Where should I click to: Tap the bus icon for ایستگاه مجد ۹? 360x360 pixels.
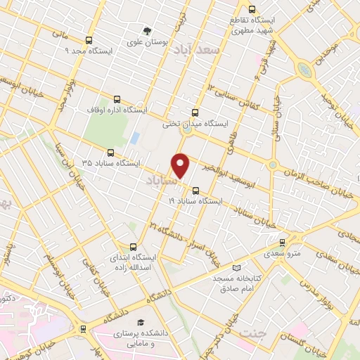pyautogui.click(x=89, y=40)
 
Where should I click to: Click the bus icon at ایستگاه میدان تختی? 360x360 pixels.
pyautogui.click(x=195, y=112)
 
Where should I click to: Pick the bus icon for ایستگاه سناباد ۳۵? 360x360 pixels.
pyautogui.click(x=110, y=152)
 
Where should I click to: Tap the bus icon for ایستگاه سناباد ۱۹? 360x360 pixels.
pyautogui.click(x=195, y=190)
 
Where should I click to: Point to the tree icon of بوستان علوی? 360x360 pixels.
pyautogui.click(x=146, y=30)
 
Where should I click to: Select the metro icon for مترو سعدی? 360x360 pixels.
pyautogui.click(x=282, y=242)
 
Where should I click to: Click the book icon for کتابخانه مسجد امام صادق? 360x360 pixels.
pyautogui.click(x=236, y=268)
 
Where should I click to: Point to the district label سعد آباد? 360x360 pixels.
pyautogui.click(x=219, y=51)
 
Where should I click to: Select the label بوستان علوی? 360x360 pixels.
pyautogui.click(x=148, y=42)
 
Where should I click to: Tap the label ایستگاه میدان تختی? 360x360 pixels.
pyautogui.click(x=187, y=124)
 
